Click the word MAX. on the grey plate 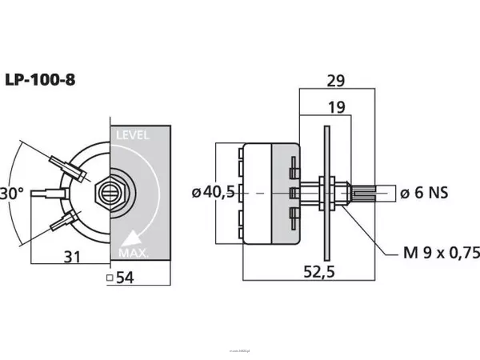point(133,254)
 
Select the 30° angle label point(12,194)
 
